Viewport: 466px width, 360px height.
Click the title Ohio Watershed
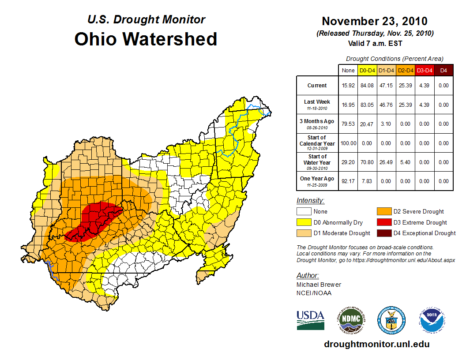[x=146, y=39]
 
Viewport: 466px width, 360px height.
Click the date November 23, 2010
[x=375, y=21]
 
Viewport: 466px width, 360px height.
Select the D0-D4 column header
[x=368, y=70]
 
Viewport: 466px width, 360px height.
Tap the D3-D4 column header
[x=425, y=70]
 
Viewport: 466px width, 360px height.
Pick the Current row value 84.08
[x=368, y=86]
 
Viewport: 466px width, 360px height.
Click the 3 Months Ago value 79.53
[x=348, y=124]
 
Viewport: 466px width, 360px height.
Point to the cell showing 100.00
[x=348, y=143]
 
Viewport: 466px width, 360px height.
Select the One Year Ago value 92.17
[x=348, y=181]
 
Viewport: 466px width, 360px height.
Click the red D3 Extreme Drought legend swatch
[x=383, y=222]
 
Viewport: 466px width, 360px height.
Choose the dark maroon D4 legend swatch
[x=383, y=233]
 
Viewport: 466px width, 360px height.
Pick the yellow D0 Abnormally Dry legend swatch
[x=304, y=222]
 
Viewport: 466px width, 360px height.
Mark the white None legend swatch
[x=304, y=212]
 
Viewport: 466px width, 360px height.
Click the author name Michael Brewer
[x=319, y=285]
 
